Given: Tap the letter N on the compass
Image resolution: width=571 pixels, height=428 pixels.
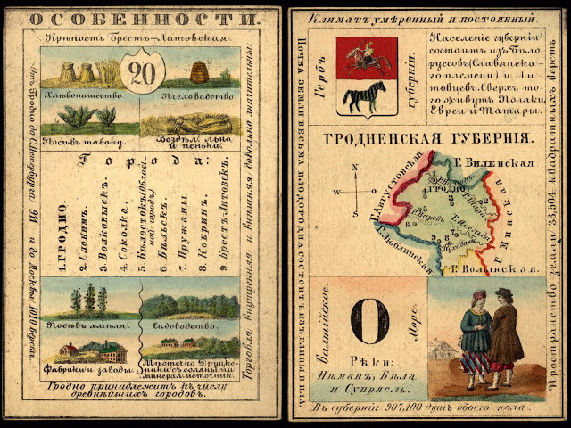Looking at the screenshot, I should tap(356, 166).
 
